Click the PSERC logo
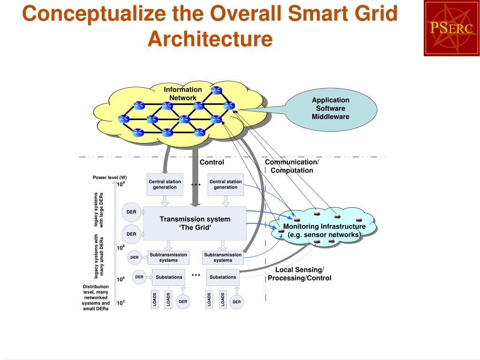[x=451, y=28]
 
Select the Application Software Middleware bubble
[x=330, y=109]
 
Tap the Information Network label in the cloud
[x=183, y=94]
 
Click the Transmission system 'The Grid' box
[x=195, y=223]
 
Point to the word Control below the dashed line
[x=212, y=162]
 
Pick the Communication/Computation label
[x=292, y=166]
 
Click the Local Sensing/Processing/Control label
[x=299, y=274]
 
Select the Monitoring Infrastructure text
[x=324, y=231]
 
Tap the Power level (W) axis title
[x=110, y=177]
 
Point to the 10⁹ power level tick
[x=120, y=184]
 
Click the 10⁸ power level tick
[x=120, y=247]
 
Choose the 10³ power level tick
[x=120, y=302]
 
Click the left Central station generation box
[x=165, y=184]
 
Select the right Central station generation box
[x=225, y=184]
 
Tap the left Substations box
[x=169, y=277]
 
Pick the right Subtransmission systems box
[x=223, y=257]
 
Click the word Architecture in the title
[x=210, y=39]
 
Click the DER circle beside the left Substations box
[x=139, y=277]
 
